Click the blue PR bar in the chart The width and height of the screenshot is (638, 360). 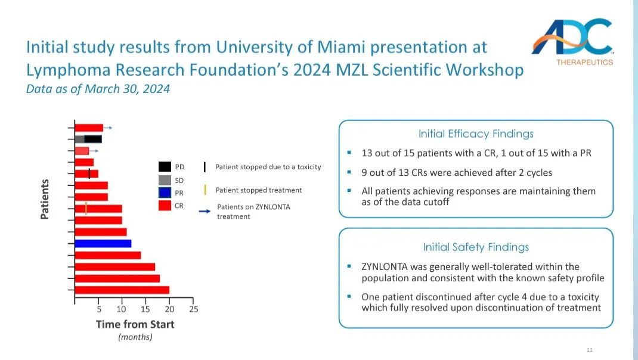click(103, 243)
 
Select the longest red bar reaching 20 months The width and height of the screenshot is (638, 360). click(122, 290)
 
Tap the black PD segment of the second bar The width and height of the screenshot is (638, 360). click(94, 139)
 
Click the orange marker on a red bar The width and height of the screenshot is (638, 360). click(86, 209)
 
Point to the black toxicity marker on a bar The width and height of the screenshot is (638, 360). click(89, 173)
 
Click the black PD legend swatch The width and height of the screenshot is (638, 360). click(165, 167)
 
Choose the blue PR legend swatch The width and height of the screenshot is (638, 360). click(165, 193)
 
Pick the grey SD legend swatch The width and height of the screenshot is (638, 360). click(165, 180)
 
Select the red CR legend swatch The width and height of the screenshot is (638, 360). click(165, 205)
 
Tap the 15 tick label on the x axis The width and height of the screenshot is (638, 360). click(145, 309)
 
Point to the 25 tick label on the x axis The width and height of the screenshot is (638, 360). click(193, 309)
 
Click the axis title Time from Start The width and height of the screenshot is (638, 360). click(135, 324)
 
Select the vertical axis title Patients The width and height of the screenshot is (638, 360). click(45, 199)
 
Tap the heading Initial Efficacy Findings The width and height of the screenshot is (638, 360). click(476, 134)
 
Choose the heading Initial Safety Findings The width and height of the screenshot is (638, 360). click(476, 247)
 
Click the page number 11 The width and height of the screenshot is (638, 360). click(590, 349)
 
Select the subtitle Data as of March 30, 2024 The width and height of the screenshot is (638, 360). click(98, 89)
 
